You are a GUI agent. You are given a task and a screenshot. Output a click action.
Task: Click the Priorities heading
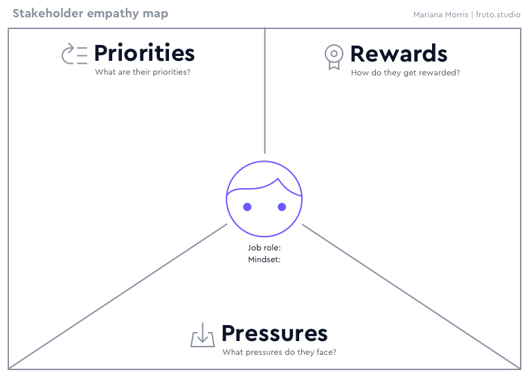[x=144, y=53]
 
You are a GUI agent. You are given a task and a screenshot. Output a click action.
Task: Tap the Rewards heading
[x=399, y=54]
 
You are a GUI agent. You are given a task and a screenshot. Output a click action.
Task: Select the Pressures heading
[x=274, y=333]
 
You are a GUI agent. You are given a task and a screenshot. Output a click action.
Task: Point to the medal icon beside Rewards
[x=334, y=56]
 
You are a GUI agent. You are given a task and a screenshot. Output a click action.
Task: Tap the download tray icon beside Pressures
[x=202, y=335]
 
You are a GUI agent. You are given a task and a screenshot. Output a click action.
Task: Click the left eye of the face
[x=247, y=207]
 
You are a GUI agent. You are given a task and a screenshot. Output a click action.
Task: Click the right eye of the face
[x=282, y=207]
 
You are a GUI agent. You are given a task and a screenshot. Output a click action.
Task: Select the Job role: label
[x=264, y=248]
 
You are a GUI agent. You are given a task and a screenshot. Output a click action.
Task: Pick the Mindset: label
[x=264, y=260]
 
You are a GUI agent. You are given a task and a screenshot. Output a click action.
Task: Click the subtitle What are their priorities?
[x=143, y=72]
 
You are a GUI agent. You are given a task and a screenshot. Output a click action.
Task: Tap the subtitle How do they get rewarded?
[x=405, y=73]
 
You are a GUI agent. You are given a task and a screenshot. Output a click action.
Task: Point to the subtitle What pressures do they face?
[x=279, y=352]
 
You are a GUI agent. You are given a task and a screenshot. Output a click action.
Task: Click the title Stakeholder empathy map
[x=90, y=13]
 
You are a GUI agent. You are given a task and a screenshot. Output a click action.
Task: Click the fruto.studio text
[x=499, y=14]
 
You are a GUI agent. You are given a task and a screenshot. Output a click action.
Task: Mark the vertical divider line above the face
[x=264, y=90]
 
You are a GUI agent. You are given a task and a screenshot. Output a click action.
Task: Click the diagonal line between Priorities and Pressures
[x=118, y=295]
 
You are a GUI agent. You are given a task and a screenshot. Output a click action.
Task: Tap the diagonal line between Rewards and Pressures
[x=411, y=296]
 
